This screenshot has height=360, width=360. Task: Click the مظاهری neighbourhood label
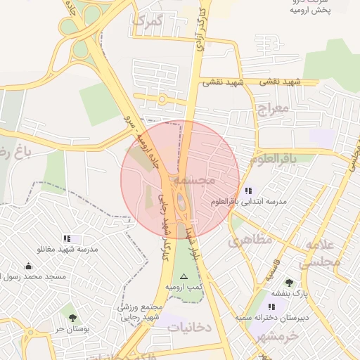click(x=250, y=240)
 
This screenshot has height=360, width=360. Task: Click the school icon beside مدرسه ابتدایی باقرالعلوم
click(x=248, y=191)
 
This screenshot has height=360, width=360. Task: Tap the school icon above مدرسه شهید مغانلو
click(x=67, y=238)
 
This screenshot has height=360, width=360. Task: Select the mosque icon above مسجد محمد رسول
click(x=28, y=266)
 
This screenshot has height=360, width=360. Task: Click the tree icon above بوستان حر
click(x=72, y=318)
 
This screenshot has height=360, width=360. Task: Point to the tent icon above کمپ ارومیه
click(x=184, y=277)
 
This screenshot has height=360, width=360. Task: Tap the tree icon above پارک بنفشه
click(x=288, y=283)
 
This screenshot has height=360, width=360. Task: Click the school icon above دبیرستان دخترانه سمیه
click(x=272, y=307)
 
